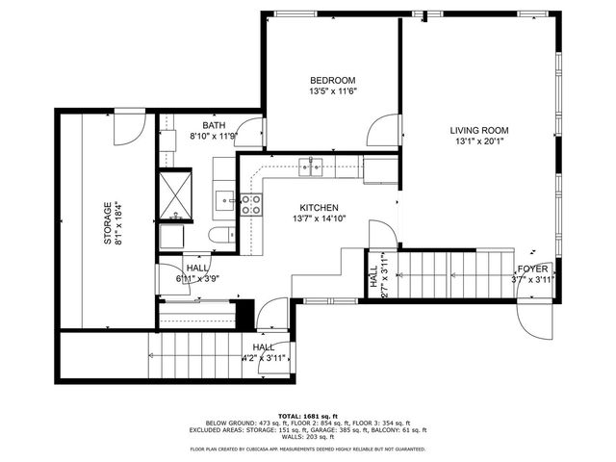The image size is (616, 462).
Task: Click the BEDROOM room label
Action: click(333, 80)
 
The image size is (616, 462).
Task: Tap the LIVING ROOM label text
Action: click(478, 130)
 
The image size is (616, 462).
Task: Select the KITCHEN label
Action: click(319, 208)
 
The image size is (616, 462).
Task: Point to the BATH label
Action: click(214, 126)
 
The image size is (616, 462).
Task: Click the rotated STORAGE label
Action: click(108, 222)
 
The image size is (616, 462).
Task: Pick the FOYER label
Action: click(532, 269)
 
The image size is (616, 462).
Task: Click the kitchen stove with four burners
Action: click(250, 204)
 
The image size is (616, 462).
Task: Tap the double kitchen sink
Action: click(310, 167)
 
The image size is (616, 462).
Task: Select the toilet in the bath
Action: click(220, 236)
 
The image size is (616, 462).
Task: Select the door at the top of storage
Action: click(130, 126)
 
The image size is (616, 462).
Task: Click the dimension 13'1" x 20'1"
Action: click(478, 143)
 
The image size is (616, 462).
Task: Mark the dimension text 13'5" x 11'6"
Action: click(333, 91)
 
